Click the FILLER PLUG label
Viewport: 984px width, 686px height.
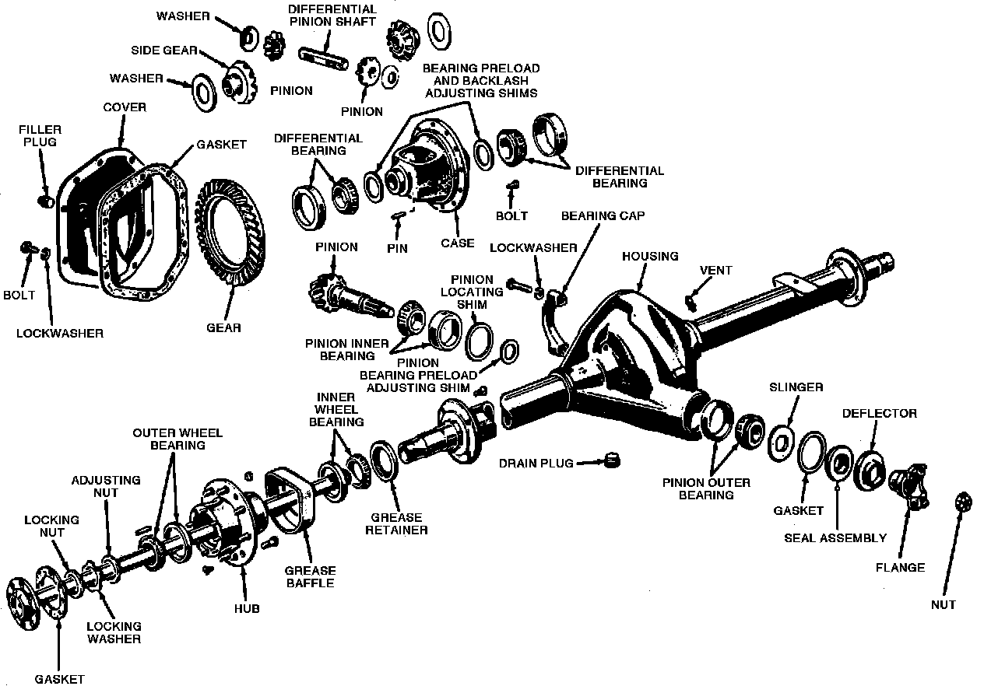[41, 136]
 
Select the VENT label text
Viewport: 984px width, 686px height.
[715, 271]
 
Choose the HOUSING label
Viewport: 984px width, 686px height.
[650, 256]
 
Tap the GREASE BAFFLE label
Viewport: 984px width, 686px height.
[310, 576]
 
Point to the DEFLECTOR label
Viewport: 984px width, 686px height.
[879, 413]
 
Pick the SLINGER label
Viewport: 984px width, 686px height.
[796, 387]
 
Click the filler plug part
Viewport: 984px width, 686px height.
[44, 201]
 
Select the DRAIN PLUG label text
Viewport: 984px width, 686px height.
[536, 464]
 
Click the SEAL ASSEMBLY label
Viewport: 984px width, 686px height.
[835, 537]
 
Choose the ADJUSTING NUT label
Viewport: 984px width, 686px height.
[106, 486]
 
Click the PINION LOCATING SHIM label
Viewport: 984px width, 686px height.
[471, 292]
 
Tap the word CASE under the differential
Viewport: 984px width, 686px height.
[457, 243]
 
